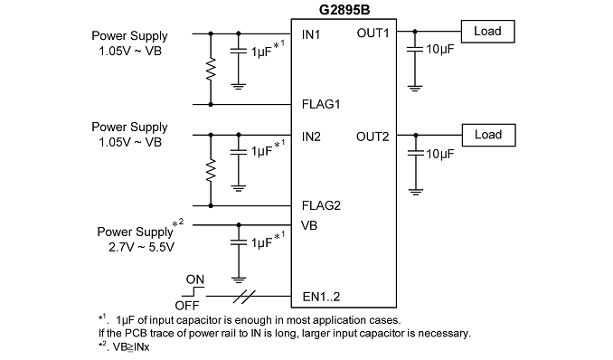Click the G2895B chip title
(x=344, y=9)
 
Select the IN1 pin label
(x=311, y=35)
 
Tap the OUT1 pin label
(x=373, y=33)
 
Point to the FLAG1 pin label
(x=321, y=104)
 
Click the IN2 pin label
(x=311, y=137)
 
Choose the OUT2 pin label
(x=373, y=137)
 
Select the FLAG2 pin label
(x=321, y=205)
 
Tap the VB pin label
(x=309, y=225)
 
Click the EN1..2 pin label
(x=321, y=297)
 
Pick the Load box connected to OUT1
(x=488, y=32)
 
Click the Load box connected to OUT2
(x=488, y=135)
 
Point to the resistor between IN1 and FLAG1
(x=211, y=70)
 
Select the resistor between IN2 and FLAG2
(x=211, y=170)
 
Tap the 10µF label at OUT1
(x=440, y=50)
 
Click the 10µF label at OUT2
(x=440, y=154)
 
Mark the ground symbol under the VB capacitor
(x=239, y=279)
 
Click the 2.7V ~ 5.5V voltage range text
(x=141, y=247)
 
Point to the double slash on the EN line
(x=244, y=297)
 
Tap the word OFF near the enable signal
(x=187, y=305)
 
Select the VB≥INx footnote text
(x=131, y=347)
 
